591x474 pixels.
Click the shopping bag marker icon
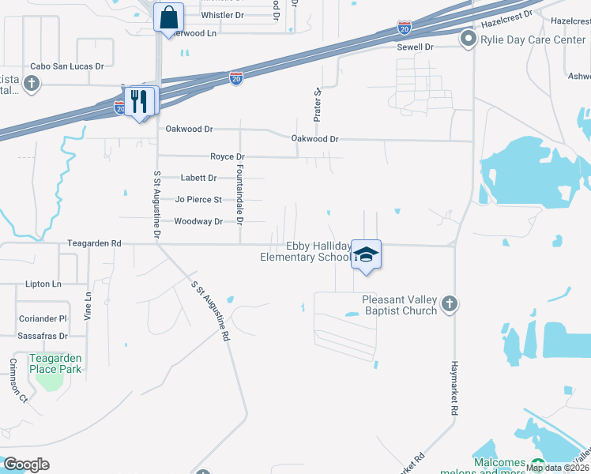[170, 17]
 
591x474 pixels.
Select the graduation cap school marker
[366, 254]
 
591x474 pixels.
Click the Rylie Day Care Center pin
[468, 39]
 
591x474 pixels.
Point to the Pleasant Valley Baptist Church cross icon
[449, 305]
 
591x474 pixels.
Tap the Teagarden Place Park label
[55, 363]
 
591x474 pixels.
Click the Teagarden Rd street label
[94, 244]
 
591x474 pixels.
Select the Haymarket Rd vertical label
[454, 388]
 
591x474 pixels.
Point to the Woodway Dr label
[198, 222]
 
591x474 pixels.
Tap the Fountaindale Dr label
[239, 192]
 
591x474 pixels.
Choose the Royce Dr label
[227, 157]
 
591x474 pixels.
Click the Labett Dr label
[198, 179]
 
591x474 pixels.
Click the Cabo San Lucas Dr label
[67, 67]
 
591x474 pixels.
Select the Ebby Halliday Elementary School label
[307, 251]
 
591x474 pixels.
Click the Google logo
[25, 465]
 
